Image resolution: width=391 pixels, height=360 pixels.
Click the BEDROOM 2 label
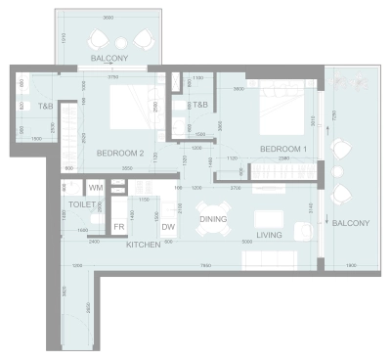[x=120, y=152]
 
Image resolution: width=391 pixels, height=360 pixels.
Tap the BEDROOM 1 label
[x=282, y=148]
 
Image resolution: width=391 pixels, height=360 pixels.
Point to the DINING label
[x=213, y=219]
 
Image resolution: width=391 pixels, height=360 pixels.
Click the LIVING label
[x=269, y=235]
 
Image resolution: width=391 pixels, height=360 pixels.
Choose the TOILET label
[x=81, y=204]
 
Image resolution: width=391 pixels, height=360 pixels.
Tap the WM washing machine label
[x=96, y=187]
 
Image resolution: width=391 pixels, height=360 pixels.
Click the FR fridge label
[x=118, y=227]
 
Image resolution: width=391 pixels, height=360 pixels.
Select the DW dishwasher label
[x=168, y=227]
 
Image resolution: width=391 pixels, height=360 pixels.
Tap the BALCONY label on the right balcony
[x=350, y=223]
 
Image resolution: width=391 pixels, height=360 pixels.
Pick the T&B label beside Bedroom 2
[x=45, y=106]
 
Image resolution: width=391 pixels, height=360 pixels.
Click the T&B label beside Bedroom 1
[x=200, y=105]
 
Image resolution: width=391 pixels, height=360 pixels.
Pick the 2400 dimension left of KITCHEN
[x=93, y=241]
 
